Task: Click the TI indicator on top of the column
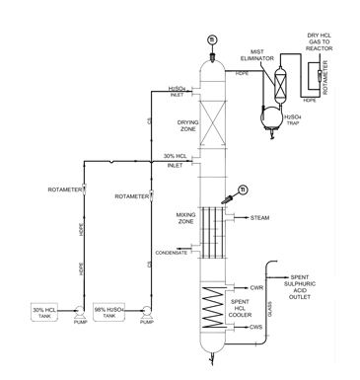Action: coord(210,38)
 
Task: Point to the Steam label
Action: coord(259,217)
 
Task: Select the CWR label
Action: coord(256,287)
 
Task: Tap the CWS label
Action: coord(256,327)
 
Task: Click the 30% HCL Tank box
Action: coord(43,313)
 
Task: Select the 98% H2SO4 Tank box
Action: coord(112,313)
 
